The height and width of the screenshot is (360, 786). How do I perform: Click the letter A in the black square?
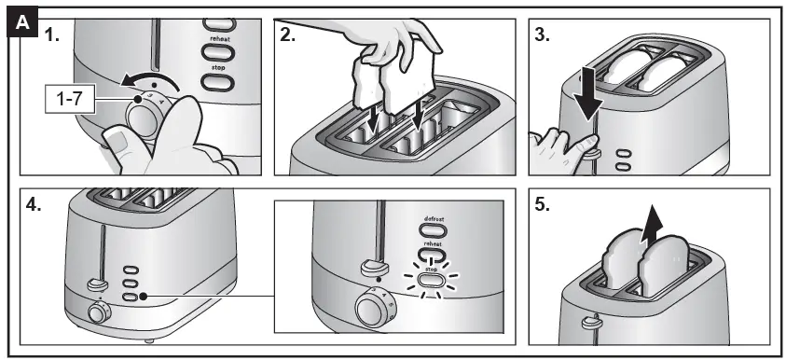22,23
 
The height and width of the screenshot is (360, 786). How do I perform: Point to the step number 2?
287,35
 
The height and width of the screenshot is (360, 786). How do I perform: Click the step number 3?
542,35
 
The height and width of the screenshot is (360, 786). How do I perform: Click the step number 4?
33,205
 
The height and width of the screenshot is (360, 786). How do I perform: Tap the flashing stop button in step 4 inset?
431,279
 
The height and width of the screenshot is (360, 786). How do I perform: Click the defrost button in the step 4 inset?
432,229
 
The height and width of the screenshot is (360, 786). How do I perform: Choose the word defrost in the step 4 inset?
434,218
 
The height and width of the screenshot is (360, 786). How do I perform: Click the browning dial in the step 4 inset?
375,307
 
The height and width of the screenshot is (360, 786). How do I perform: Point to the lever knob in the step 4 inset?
374,268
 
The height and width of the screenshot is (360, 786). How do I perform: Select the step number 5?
542,205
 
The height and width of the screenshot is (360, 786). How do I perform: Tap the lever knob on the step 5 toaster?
590,322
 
